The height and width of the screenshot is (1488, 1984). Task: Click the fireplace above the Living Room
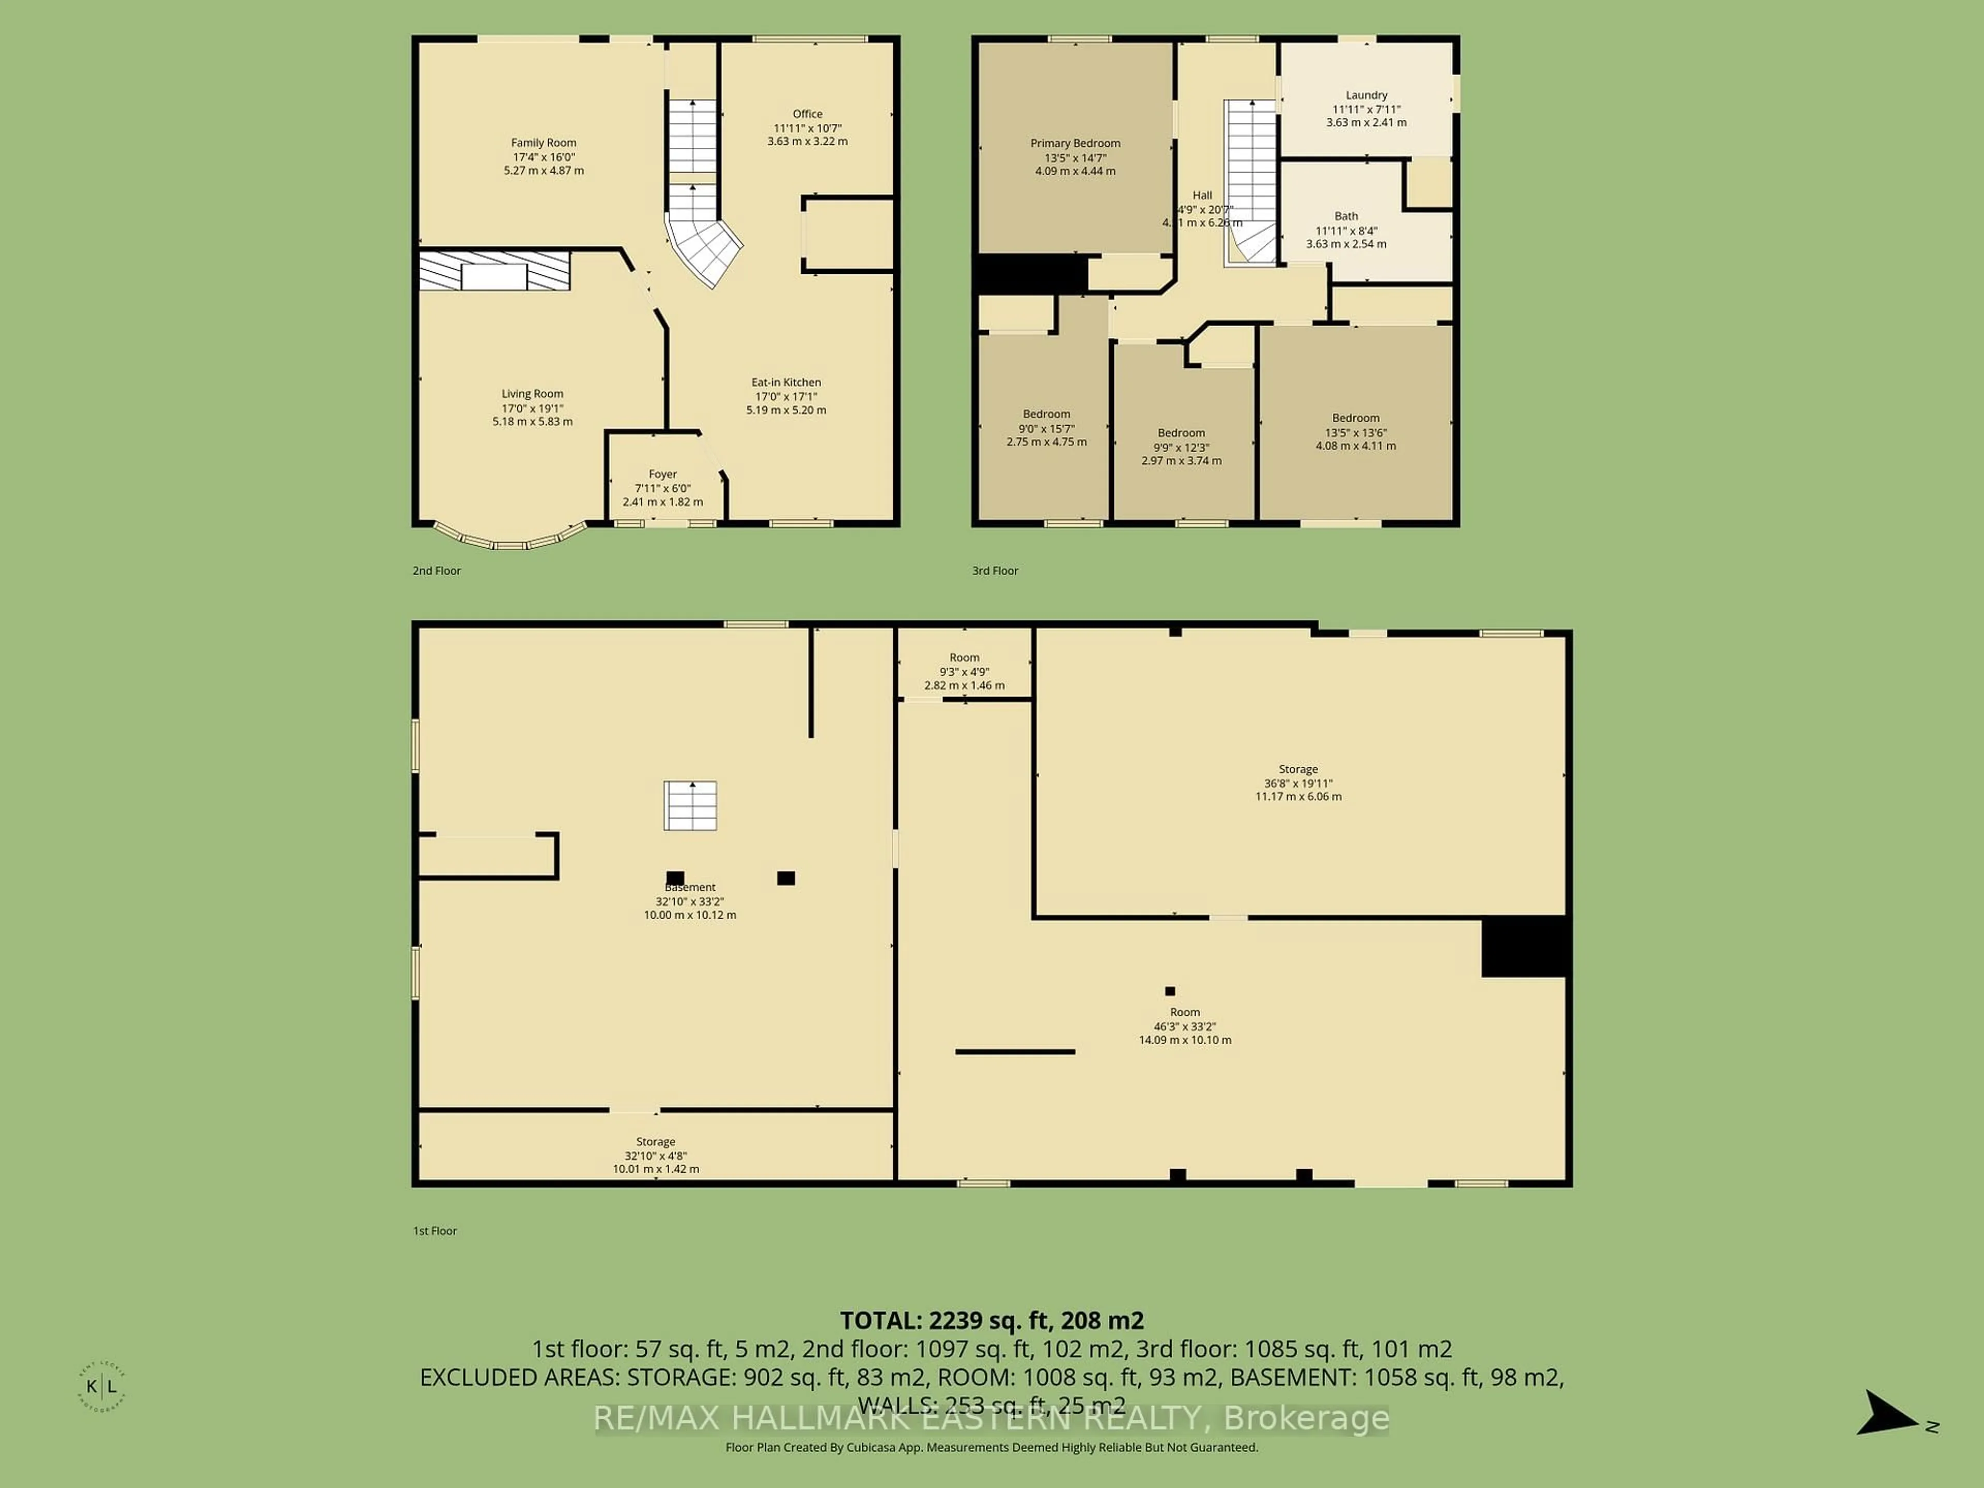[x=494, y=271]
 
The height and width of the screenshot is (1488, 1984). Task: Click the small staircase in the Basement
[x=690, y=805]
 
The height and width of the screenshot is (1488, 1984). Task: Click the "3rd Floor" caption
[x=995, y=570]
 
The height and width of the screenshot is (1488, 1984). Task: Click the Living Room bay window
[x=509, y=541]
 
